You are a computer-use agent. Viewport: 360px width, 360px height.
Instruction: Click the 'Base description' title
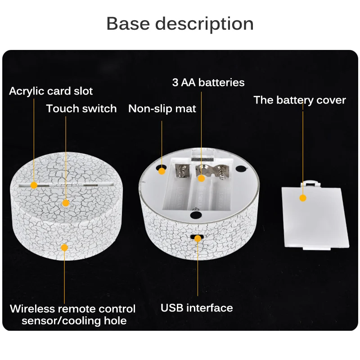pos(180,23)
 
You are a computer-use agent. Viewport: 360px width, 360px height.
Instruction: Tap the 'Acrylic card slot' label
pos(51,91)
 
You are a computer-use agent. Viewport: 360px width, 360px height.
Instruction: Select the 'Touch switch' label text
pos(81,108)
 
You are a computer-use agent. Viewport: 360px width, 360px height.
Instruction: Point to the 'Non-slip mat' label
pos(162,109)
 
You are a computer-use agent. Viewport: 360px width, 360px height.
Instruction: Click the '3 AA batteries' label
pos(208,82)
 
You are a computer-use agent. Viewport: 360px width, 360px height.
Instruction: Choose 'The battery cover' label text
pos(300,99)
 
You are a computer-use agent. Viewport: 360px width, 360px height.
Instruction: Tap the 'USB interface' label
pos(197,308)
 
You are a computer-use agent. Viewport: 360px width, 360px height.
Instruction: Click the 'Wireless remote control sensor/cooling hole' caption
pos(72,315)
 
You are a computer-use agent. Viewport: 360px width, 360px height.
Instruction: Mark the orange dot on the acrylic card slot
pos(34,184)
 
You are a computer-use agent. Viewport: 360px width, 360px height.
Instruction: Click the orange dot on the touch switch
pos(66,203)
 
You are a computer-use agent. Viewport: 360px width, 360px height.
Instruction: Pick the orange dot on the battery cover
pos(303,198)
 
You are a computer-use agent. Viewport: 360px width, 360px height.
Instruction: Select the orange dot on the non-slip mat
pos(162,170)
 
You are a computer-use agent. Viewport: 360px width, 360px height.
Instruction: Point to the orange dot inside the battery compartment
pos(201,178)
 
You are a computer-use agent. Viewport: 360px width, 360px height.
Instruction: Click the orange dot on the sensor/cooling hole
pos(64,247)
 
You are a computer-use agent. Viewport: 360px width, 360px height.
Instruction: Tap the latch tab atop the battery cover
pos(311,182)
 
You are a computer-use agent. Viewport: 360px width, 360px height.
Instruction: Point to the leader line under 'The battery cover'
pos(303,148)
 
